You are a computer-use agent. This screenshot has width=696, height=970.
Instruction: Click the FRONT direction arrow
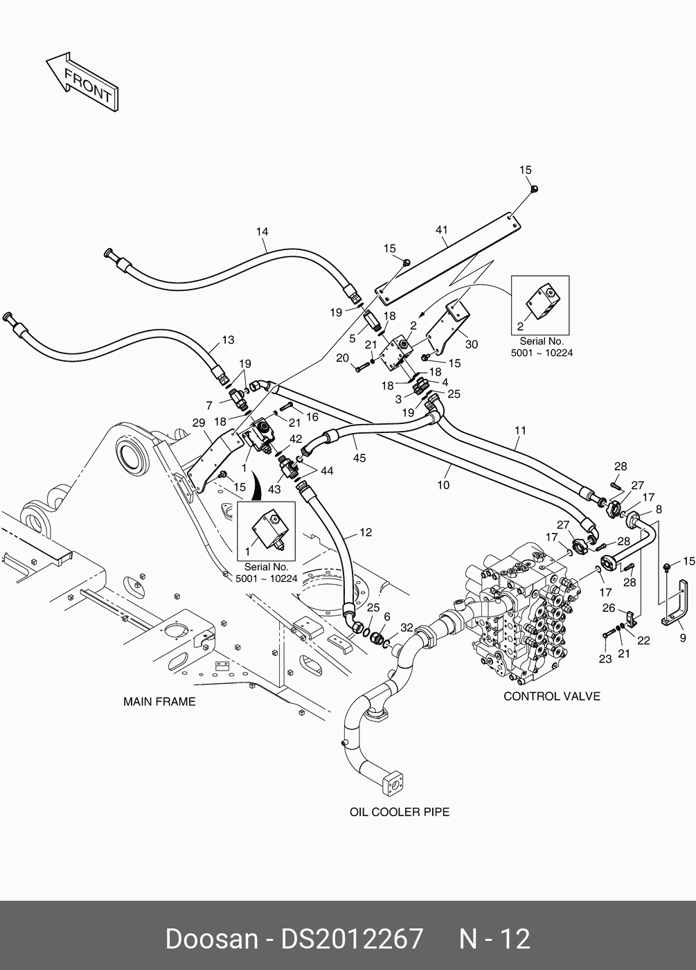[x=82, y=80]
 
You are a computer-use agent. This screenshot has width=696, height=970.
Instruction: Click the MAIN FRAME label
[x=159, y=702]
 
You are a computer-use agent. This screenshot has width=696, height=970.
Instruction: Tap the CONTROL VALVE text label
[x=551, y=696]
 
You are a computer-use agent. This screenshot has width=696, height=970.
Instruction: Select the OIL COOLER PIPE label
[x=400, y=811]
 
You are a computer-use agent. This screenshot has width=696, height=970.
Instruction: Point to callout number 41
[x=443, y=229]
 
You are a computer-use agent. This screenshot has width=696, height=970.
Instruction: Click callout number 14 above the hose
[x=262, y=232]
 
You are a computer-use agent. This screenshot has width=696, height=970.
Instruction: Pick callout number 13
[x=228, y=340]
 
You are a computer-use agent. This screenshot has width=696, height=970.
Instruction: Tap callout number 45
[x=359, y=458]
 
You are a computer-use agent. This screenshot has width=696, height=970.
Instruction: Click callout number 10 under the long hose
[x=443, y=485]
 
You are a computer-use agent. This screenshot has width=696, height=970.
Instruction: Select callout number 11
[x=520, y=430]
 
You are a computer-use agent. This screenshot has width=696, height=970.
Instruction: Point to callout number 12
[x=366, y=532]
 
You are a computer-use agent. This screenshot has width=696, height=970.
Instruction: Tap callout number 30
[x=472, y=344]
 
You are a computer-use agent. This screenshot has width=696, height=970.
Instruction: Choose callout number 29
[x=198, y=423]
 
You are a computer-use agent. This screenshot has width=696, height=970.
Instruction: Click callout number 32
[x=407, y=628]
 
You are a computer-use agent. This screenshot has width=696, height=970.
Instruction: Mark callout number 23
[x=605, y=659]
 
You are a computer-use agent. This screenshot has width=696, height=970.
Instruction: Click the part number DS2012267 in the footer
[x=351, y=940]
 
